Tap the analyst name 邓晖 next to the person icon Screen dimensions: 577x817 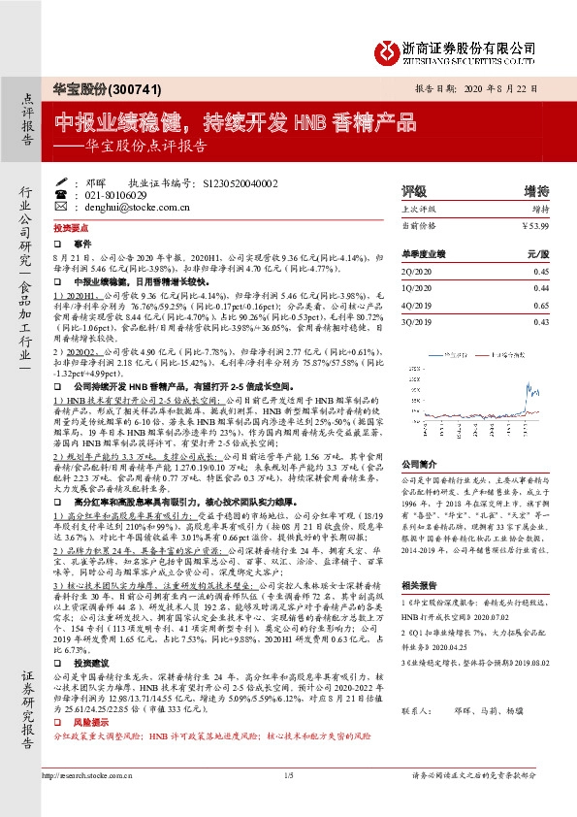pos(94,182)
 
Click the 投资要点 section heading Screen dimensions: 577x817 pos(69,224)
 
